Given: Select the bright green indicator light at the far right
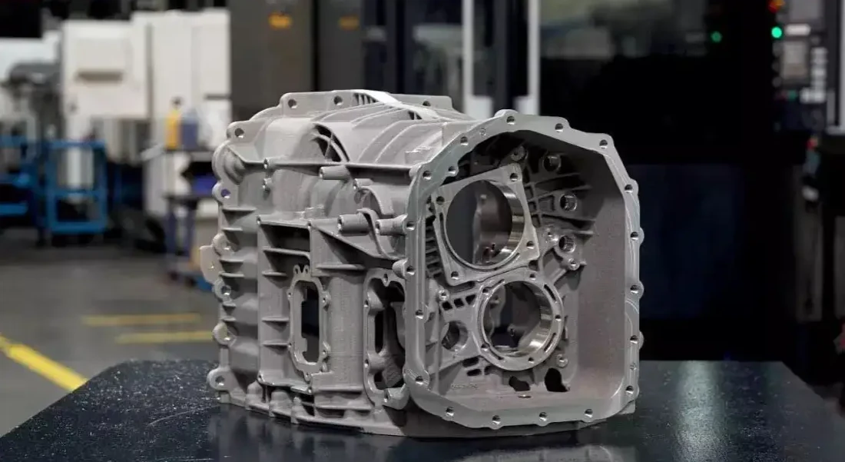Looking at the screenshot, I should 777,32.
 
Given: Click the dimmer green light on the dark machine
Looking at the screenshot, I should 716,36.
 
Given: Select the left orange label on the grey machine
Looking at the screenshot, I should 280,21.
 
